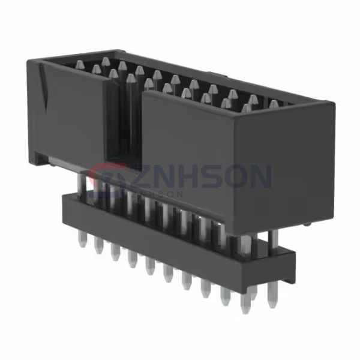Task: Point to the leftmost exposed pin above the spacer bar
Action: (x=81, y=183)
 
